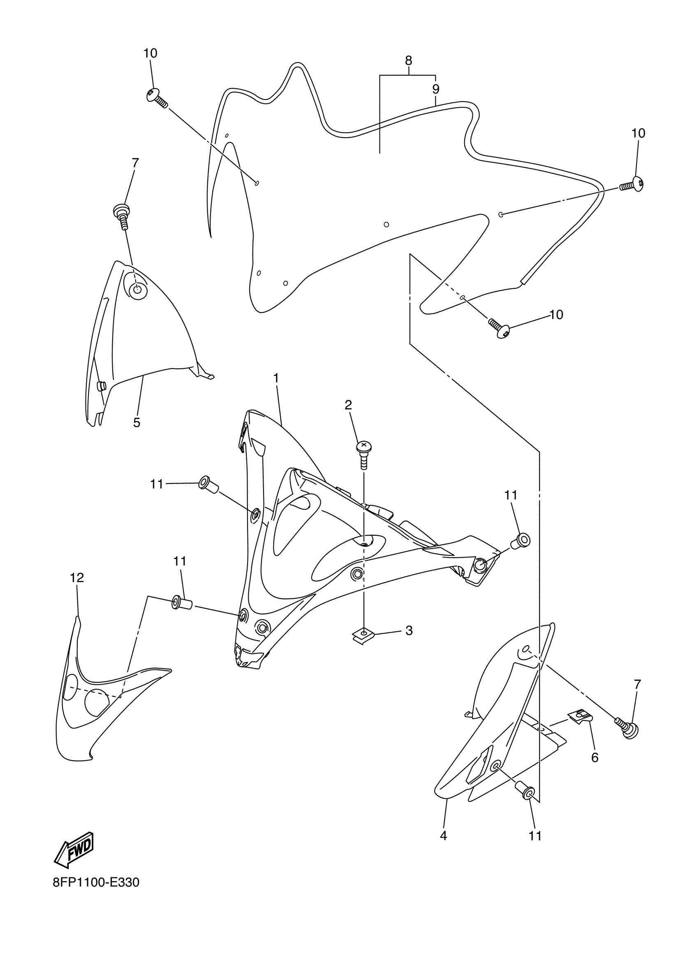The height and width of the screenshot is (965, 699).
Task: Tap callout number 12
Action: [x=77, y=578]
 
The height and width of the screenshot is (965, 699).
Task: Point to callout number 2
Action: [x=348, y=405]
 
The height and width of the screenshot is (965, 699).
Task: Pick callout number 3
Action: [x=409, y=631]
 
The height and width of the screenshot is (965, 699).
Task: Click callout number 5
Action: [x=137, y=423]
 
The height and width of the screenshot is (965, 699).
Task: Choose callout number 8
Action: [x=408, y=60]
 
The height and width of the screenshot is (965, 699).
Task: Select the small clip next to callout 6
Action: [x=580, y=718]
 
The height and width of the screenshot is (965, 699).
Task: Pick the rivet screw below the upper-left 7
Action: [x=122, y=215]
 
